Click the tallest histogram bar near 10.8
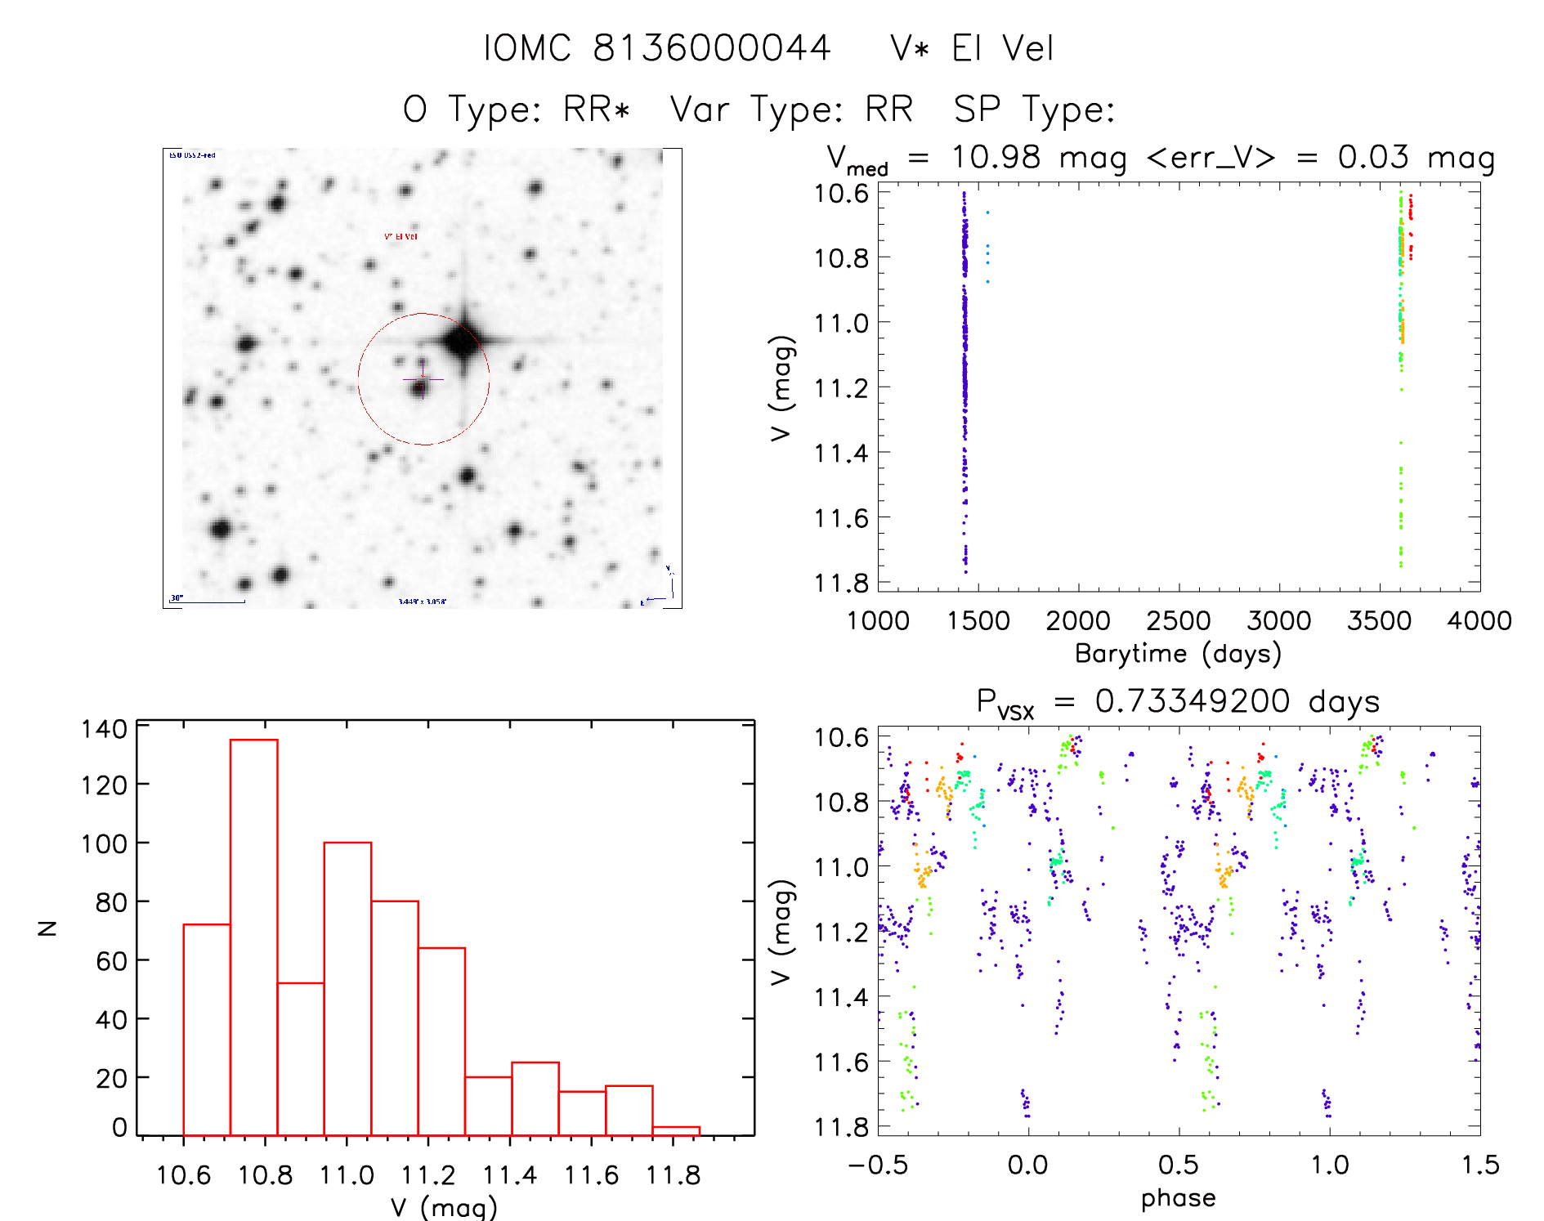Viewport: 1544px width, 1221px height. (x=254, y=937)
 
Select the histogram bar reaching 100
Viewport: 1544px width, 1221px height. (x=347, y=988)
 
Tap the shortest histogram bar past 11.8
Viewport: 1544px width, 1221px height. (x=676, y=1131)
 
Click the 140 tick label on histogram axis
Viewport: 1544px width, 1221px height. (x=104, y=728)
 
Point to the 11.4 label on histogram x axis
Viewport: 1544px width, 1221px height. (x=510, y=1175)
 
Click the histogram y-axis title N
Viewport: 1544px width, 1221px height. (x=48, y=928)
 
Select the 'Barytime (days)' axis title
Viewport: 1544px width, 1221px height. (x=1178, y=654)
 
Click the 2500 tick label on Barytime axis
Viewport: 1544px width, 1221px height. (x=1178, y=621)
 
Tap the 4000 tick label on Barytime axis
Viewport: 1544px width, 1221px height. (x=1479, y=621)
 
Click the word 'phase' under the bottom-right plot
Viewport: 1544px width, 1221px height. (x=1178, y=1198)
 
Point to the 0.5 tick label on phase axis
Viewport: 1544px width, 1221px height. (x=1178, y=1165)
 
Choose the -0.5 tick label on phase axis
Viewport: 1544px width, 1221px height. (x=878, y=1165)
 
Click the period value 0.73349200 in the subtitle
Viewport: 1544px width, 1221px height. (x=1193, y=701)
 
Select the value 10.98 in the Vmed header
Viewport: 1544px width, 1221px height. (x=996, y=157)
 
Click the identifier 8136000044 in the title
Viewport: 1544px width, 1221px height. (x=711, y=48)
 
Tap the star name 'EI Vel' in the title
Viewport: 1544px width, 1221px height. (x=1003, y=48)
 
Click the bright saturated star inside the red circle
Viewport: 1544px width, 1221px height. (x=462, y=341)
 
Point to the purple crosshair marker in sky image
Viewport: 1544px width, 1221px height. (x=423, y=378)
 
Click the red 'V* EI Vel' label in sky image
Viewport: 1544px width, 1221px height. (x=401, y=236)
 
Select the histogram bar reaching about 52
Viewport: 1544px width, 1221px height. (x=301, y=1058)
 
